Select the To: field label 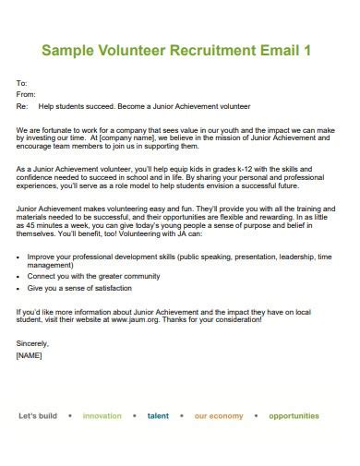point(22,83)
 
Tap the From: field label point(26,94)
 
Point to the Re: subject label point(23,106)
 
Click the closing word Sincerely point(34,342)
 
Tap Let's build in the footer point(38,416)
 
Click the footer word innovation point(102,416)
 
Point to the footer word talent point(158,416)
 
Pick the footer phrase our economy point(219,416)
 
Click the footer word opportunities point(294,416)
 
